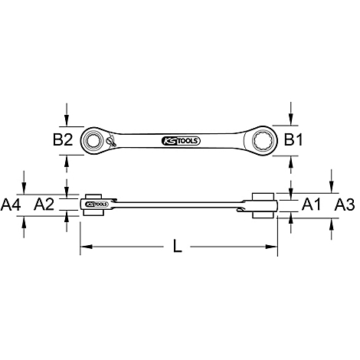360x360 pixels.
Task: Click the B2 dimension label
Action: coord(63,140)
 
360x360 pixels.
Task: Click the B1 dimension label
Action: coord(293,140)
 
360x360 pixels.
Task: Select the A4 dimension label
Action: coord(11,205)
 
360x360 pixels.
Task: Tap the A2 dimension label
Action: coord(44,205)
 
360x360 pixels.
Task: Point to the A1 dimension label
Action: coord(311,205)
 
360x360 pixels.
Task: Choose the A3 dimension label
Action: coord(345,205)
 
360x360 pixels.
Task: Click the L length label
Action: coord(177,246)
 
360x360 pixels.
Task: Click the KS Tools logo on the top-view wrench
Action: coord(181,141)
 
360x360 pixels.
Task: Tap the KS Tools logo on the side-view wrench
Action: coord(97,205)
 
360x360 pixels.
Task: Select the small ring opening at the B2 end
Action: coord(92,140)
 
